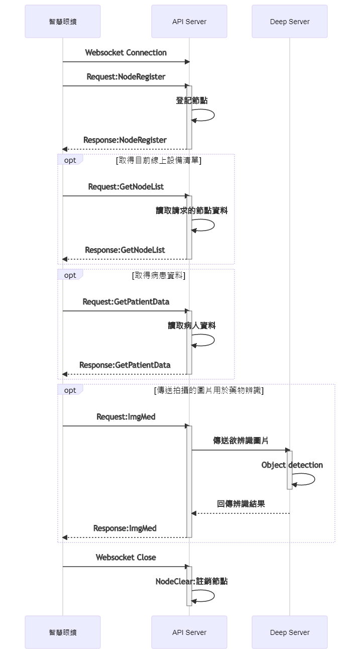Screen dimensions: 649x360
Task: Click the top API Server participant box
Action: click(189, 22)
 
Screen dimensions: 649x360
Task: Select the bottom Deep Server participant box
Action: click(289, 632)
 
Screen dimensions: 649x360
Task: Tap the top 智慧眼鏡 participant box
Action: click(63, 22)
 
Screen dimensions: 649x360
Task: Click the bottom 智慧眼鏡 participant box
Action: click(63, 632)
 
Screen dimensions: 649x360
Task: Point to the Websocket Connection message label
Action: click(126, 53)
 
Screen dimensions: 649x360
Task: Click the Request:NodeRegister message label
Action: click(126, 77)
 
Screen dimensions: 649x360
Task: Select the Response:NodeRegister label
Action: click(125, 140)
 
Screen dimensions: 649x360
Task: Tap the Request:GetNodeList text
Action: click(126, 187)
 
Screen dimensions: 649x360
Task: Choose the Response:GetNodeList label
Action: click(125, 250)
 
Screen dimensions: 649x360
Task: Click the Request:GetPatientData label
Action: click(126, 302)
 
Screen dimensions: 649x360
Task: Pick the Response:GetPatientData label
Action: click(125, 365)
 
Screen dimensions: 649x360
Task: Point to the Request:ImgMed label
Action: click(126, 417)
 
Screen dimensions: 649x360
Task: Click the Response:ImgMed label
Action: click(125, 528)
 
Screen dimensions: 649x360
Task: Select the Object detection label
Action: click(292, 465)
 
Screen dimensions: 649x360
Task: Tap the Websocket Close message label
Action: click(126, 558)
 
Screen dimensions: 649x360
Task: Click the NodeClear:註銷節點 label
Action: click(191, 581)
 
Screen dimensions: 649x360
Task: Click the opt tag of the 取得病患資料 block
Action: click(70, 275)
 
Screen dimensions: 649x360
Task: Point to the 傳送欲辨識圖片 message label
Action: click(241, 441)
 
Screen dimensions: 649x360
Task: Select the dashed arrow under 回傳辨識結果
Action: click(241, 513)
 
